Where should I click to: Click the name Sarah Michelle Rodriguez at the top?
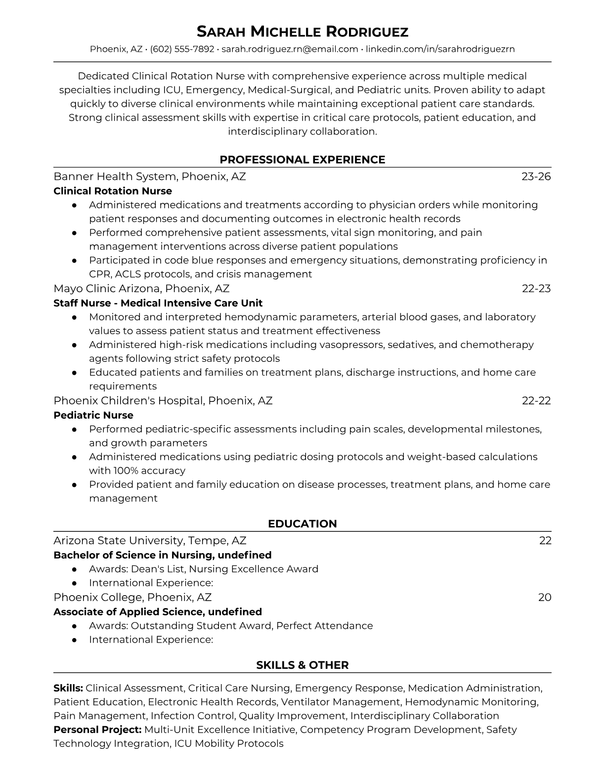[302, 32]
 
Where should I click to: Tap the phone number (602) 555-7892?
[182, 49]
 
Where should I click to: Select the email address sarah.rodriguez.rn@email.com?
[290, 49]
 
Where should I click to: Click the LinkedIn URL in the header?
[440, 49]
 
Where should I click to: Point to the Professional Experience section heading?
[302, 160]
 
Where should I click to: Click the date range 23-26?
[536, 176]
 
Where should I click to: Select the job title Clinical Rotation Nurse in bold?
[113, 191]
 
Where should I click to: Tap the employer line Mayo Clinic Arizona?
[141, 289]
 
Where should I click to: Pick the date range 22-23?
[536, 289]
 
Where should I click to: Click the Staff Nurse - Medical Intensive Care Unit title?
[158, 303]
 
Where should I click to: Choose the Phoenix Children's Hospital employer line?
[163, 400]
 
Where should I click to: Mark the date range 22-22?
[536, 400]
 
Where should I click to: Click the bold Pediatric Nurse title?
[93, 415]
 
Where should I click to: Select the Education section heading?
[302, 524]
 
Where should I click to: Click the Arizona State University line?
[150, 541]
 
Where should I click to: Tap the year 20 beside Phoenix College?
[544, 598]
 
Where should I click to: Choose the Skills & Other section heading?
[302, 665]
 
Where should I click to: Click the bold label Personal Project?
[97, 730]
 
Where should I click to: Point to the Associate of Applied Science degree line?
[158, 612]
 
